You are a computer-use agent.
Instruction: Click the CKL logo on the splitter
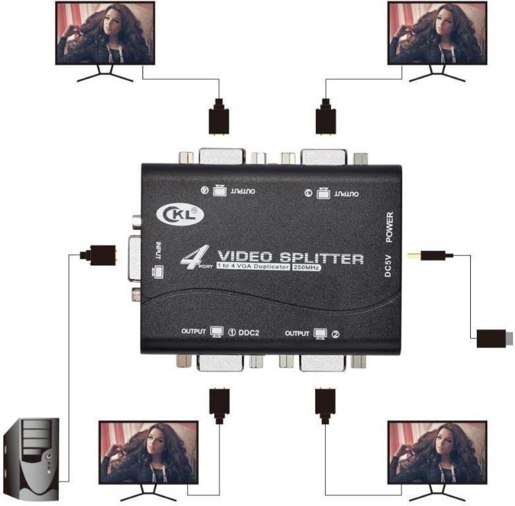[180, 215]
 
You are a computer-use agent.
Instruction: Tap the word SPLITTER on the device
[322, 258]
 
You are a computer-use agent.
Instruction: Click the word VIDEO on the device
[245, 257]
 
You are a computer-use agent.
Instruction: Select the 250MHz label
[306, 267]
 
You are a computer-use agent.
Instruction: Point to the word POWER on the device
[389, 227]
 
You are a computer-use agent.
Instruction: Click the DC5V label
[388, 266]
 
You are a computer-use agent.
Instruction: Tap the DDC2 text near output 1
[248, 332]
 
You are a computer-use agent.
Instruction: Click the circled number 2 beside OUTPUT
[335, 334]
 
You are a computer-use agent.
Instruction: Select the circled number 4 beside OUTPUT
[205, 190]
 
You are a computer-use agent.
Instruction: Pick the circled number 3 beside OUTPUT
[308, 193]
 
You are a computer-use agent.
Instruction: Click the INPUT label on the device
[158, 250]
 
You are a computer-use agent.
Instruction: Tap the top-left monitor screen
[105, 33]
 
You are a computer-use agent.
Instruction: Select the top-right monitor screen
[437, 33]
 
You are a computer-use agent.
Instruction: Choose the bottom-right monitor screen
[437, 453]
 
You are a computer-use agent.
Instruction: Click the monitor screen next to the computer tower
[148, 453]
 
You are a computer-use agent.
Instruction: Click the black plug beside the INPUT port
[99, 255]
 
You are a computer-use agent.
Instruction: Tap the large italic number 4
[195, 257]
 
